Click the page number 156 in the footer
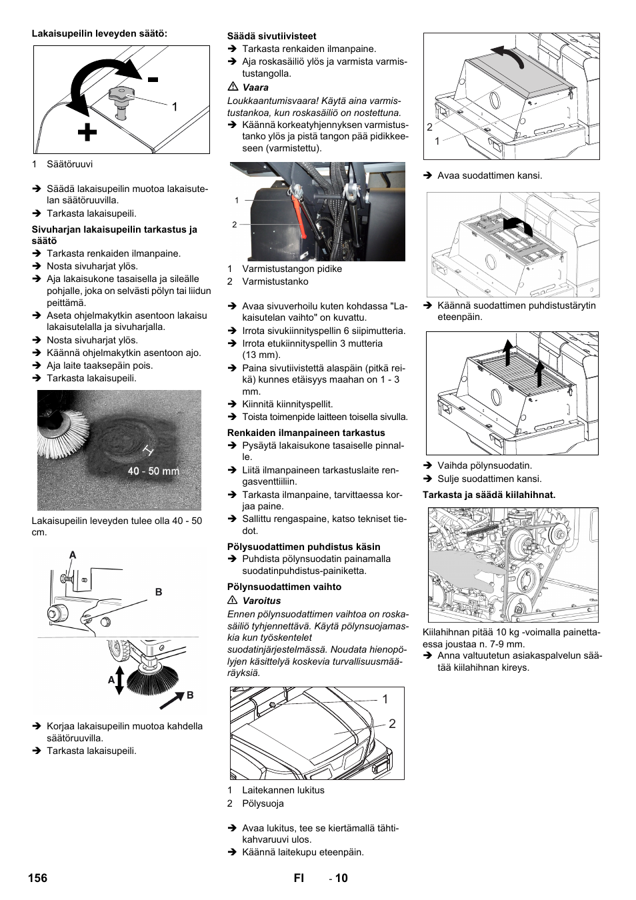click(x=38, y=878)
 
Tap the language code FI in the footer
click(x=299, y=878)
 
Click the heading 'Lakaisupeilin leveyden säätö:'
click(x=99, y=33)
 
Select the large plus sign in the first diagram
click(x=87, y=133)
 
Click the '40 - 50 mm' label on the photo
click(x=153, y=471)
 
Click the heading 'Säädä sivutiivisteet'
click(x=271, y=36)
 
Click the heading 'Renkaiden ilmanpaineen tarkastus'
click(x=306, y=433)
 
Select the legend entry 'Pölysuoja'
click(x=263, y=803)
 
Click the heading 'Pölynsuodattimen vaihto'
click(x=284, y=587)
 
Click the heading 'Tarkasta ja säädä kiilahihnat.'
click(x=489, y=495)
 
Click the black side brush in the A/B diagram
click(x=153, y=679)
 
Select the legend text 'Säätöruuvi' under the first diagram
click(x=69, y=164)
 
